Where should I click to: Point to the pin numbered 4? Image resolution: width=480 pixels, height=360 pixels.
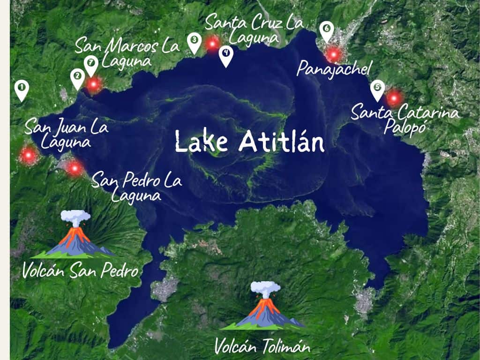(x=226, y=54)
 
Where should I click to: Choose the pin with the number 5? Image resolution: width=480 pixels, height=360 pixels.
(x=377, y=89)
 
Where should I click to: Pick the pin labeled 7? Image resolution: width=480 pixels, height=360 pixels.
(x=91, y=64)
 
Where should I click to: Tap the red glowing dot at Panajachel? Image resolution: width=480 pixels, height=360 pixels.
(x=333, y=54)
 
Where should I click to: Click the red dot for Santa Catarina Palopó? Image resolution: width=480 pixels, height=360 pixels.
(x=394, y=98)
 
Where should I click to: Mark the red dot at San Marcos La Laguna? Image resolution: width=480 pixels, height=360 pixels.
(x=94, y=84)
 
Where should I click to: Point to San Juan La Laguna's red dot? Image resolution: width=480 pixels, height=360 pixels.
(x=29, y=155)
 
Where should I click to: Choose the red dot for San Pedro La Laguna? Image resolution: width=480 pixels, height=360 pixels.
(x=75, y=167)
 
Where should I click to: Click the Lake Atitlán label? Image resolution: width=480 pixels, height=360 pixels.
(x=249, y=141)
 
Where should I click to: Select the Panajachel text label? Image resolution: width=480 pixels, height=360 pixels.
(x=334, y=70)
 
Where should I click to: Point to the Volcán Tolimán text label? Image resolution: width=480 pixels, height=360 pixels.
(x=262, y=347)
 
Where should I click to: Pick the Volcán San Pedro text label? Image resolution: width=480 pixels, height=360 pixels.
(x=81, y=271)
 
